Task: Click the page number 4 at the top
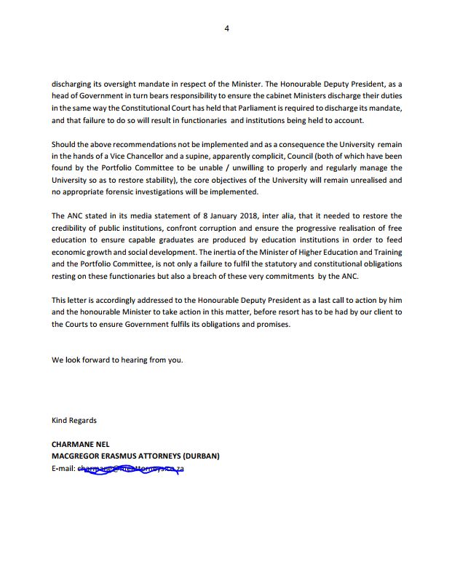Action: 226,28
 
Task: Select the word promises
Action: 271,324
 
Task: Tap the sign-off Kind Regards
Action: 74,420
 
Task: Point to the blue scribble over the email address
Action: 131,468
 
